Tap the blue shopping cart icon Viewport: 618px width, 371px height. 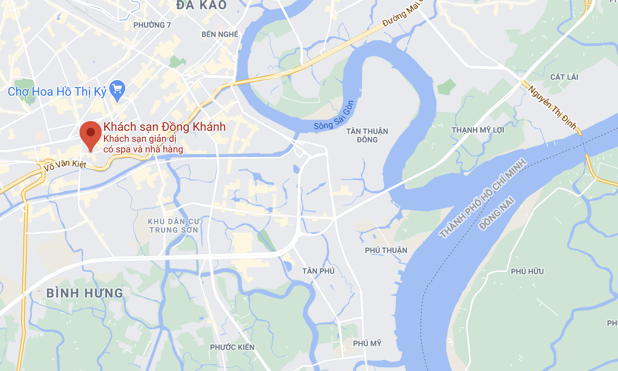tap(117, 90)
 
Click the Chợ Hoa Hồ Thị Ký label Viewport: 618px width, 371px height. tap(57, 91)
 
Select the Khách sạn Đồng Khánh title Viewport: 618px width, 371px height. tap(164, 127)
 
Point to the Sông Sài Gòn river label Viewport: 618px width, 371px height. tap(334, 116)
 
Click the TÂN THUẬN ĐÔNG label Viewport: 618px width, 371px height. tap(367, 136)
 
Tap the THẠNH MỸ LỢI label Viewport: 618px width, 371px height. tap(478, 130)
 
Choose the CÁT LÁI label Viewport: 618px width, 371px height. tap(564, 77)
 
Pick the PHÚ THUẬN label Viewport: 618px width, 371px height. tap(386, 250)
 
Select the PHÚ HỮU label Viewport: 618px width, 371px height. tap(527, 271)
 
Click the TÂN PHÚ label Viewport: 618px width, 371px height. tap(318, 271)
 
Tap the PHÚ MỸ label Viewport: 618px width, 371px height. tap(367, 343)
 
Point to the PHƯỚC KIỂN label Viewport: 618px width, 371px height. tap(232, 347)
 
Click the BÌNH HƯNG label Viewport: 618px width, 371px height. tap(85, 293)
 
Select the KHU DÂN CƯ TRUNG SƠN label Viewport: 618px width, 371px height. tap(174, 226)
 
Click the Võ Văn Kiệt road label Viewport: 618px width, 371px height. tap(65, 165)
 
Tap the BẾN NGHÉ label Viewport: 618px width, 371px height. tap(220, 34)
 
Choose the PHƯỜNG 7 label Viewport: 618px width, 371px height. tap(152, 25)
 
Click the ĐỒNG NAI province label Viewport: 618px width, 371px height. tap(497, 213)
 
